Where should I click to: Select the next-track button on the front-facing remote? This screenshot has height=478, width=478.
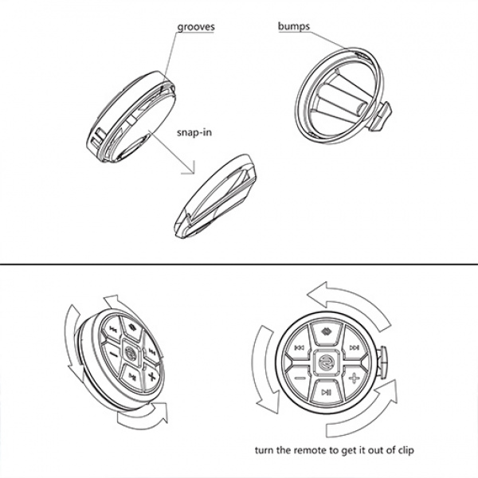pyautogui.click(x=353, y=348)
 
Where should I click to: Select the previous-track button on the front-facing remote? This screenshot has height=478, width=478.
pyautogui.click(x=298, y=348)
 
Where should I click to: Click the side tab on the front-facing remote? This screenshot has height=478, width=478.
pyautogui.click(x=382, y=362)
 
